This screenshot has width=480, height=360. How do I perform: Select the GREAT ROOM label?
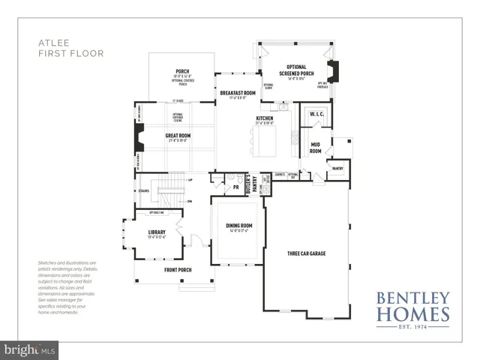(178, 135)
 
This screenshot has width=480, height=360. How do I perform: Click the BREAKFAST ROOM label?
(238, 93)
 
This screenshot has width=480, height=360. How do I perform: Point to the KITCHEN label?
(265, 118)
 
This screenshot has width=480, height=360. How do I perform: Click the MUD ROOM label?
(316, 148)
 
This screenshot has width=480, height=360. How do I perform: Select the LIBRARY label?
(156, 232)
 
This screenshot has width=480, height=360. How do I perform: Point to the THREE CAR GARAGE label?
(306, 253)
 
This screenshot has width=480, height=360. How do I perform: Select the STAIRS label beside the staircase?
(144, 190)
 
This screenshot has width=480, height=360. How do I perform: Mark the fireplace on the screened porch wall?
(336, 70)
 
